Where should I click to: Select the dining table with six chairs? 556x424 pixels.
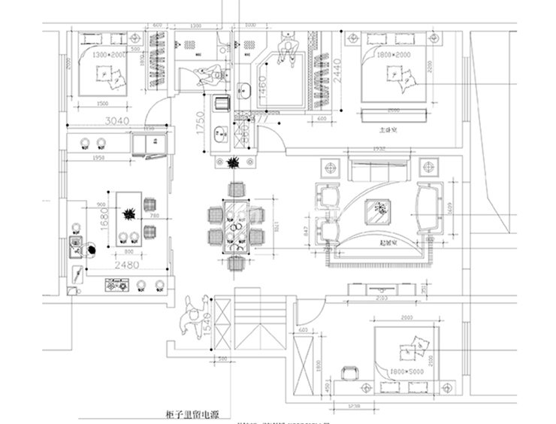(237, 222)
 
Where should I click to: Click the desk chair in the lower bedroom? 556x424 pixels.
(348, 373)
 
